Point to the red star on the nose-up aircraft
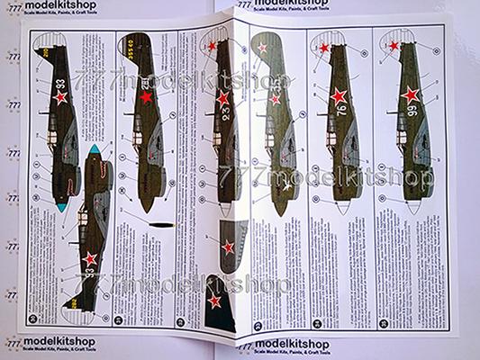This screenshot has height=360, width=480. click(x=89, y=262)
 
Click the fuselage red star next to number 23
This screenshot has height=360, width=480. click(x=222, y=95)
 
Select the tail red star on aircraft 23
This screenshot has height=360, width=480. click(x=213, y=47)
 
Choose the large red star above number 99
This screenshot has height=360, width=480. click(x=410, y=94)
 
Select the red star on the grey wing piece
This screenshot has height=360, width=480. click(x=229, y=246)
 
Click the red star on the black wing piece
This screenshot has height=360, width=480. click(x=214, y=301)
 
